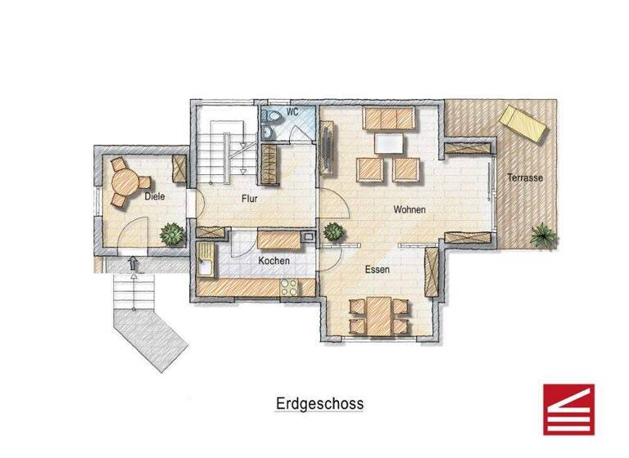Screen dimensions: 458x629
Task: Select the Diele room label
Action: (154, 197)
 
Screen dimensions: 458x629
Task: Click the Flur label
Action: (251, 198)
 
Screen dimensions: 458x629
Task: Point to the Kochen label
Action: (274, 260)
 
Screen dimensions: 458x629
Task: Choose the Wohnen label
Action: (410, 209)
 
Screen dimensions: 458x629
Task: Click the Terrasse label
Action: (525, 177)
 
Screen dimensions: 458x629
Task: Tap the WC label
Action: (292, 113)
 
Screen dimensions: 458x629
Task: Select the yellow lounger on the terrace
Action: (525, 123)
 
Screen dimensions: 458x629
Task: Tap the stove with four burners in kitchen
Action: (291, 287)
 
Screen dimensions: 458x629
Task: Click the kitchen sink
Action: (204, 266)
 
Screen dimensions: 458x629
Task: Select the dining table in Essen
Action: (378, 316)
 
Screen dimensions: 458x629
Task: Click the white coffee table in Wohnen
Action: (389, 143)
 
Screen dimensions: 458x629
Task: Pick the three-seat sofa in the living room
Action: (390, 119)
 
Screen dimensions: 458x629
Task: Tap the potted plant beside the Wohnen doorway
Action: (333, 232)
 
